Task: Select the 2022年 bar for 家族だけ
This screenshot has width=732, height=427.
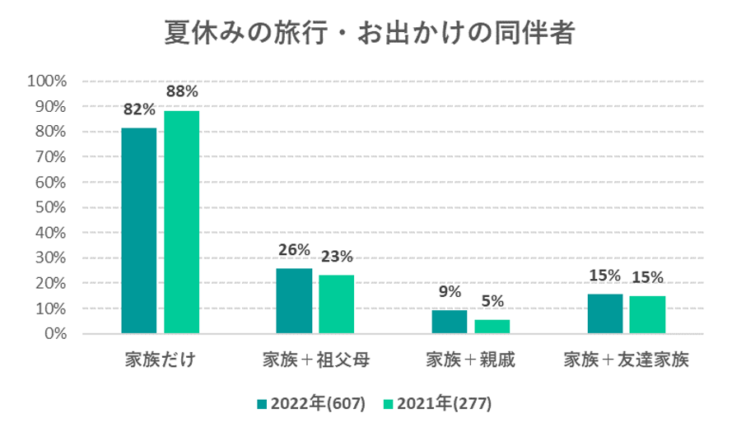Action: tap(138, 230)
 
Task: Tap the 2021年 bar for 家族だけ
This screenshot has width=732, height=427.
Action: tap(181, 222)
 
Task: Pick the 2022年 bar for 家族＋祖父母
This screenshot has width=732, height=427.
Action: tap(294, 301)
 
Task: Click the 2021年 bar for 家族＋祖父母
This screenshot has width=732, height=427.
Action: tap(336, 304)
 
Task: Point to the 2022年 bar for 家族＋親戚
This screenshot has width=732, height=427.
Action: tap(449, 322)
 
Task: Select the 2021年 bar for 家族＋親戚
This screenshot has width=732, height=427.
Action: tap(492, 327)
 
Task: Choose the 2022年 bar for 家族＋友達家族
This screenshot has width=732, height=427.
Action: tap(605, 313)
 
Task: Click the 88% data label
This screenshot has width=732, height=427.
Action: tap(181, 92)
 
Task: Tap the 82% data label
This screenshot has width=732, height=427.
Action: tap(139, 109)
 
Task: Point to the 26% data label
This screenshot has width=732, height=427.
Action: tap(293, 249)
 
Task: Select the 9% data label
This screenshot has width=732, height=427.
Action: tap(449, 291)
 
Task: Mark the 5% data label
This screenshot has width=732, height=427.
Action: tap(492, 301)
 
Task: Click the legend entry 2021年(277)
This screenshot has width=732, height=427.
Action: tap(436, 403)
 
